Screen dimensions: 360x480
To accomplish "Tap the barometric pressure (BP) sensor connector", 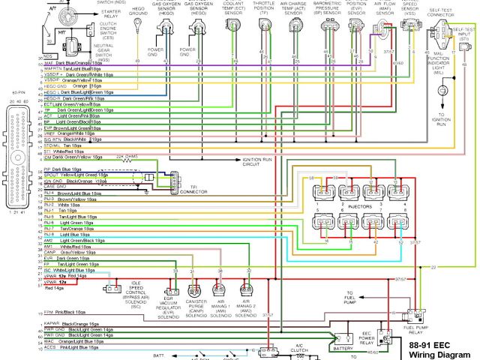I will tap(327, 28).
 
